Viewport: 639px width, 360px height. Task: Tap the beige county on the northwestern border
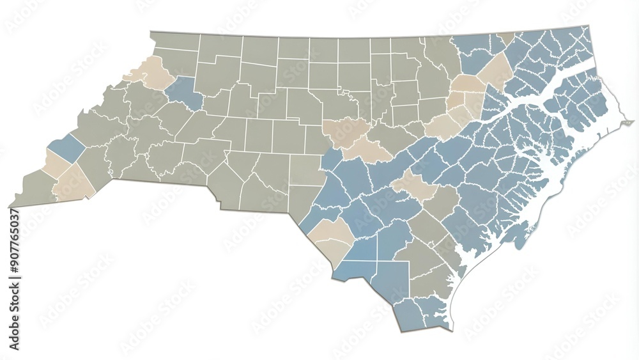[152, 72]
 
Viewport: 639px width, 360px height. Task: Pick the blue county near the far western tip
[66, 148]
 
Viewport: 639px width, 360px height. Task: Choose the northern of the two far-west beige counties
[56, 164]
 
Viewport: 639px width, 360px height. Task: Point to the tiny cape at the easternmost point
[629, 121]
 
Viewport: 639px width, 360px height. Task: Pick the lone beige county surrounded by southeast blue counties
[414, 185]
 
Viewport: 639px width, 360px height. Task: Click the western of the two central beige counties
[345, 130]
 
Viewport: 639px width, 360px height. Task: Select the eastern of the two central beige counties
[367, 151]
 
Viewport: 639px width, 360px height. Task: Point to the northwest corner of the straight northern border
[151, 32]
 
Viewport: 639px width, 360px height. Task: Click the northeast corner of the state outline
[589, 26]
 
